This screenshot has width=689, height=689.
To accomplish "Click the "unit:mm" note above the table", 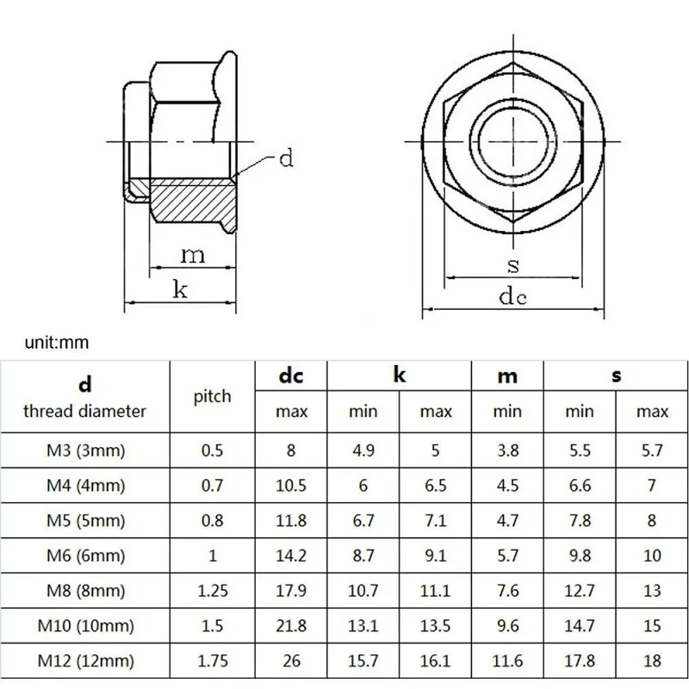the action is (x=57, y=342).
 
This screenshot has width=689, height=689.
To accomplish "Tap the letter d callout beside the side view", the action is (x=286, y=158).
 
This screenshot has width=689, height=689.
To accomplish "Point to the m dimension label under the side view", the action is (x=192, y=255).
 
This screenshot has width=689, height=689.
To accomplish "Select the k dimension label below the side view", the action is (x=180, y=289).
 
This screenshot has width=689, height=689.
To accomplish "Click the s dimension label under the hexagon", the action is (x=512, y=265).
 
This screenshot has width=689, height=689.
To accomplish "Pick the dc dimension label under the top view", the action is (x=512, y=295).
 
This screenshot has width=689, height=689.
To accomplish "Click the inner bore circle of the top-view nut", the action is (x=513, y=141).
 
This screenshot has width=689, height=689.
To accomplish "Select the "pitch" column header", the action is (x=212, y=397).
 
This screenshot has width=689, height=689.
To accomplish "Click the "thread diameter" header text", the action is (x=84, y=412).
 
